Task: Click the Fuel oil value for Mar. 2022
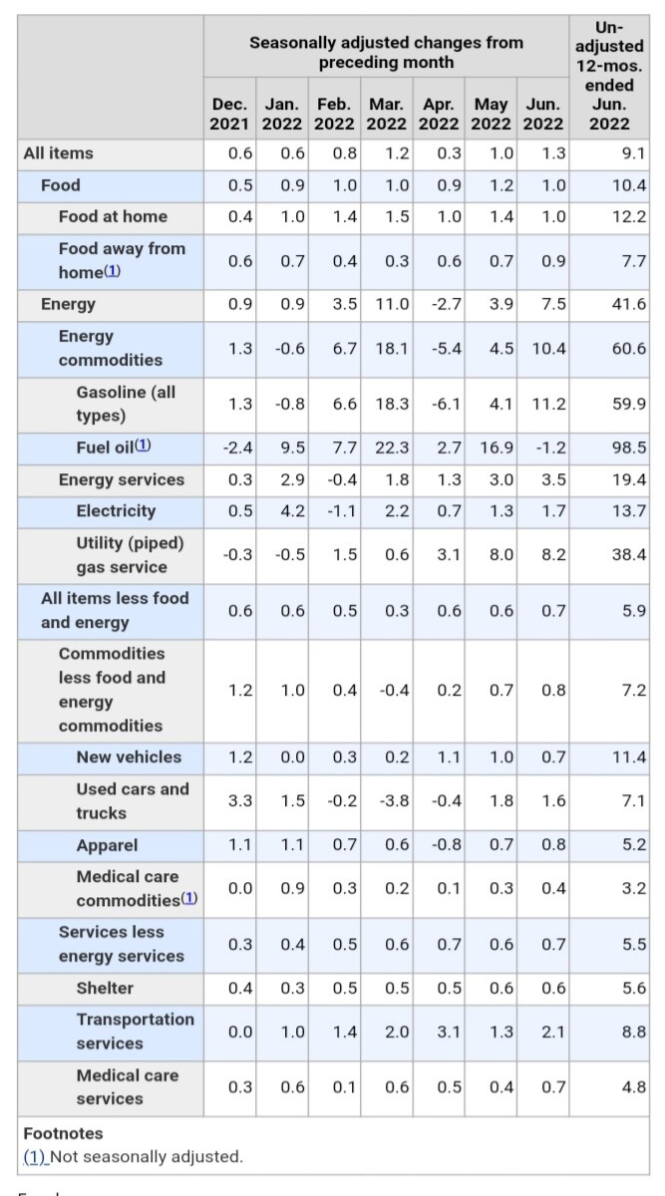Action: tap(392, 448)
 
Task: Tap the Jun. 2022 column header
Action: tap(542, 114)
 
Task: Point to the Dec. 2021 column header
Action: tap(229, 114)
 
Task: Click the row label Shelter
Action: tap(105, 989)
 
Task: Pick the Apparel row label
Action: tap(107, 845)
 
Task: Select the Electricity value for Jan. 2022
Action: tap(293, 511)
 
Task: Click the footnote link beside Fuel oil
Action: tap(143, 446)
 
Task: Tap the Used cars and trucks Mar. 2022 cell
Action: tap(394, 801)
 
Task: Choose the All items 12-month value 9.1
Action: tap(633, 153)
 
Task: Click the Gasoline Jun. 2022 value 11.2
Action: tap(548, 405)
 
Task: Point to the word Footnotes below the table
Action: tap(63, 1133)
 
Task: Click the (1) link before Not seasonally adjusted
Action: tap(34, 1157)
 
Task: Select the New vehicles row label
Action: tap(129, 757)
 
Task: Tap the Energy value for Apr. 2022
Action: tap(447, 304)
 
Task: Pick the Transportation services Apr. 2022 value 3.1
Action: tap(449, 1032)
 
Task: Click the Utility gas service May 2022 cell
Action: tap(501, 555)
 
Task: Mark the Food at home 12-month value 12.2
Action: tap(629, 217)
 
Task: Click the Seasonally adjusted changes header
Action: tap(386, 52)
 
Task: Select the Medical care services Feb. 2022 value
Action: tap(345, 1087)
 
